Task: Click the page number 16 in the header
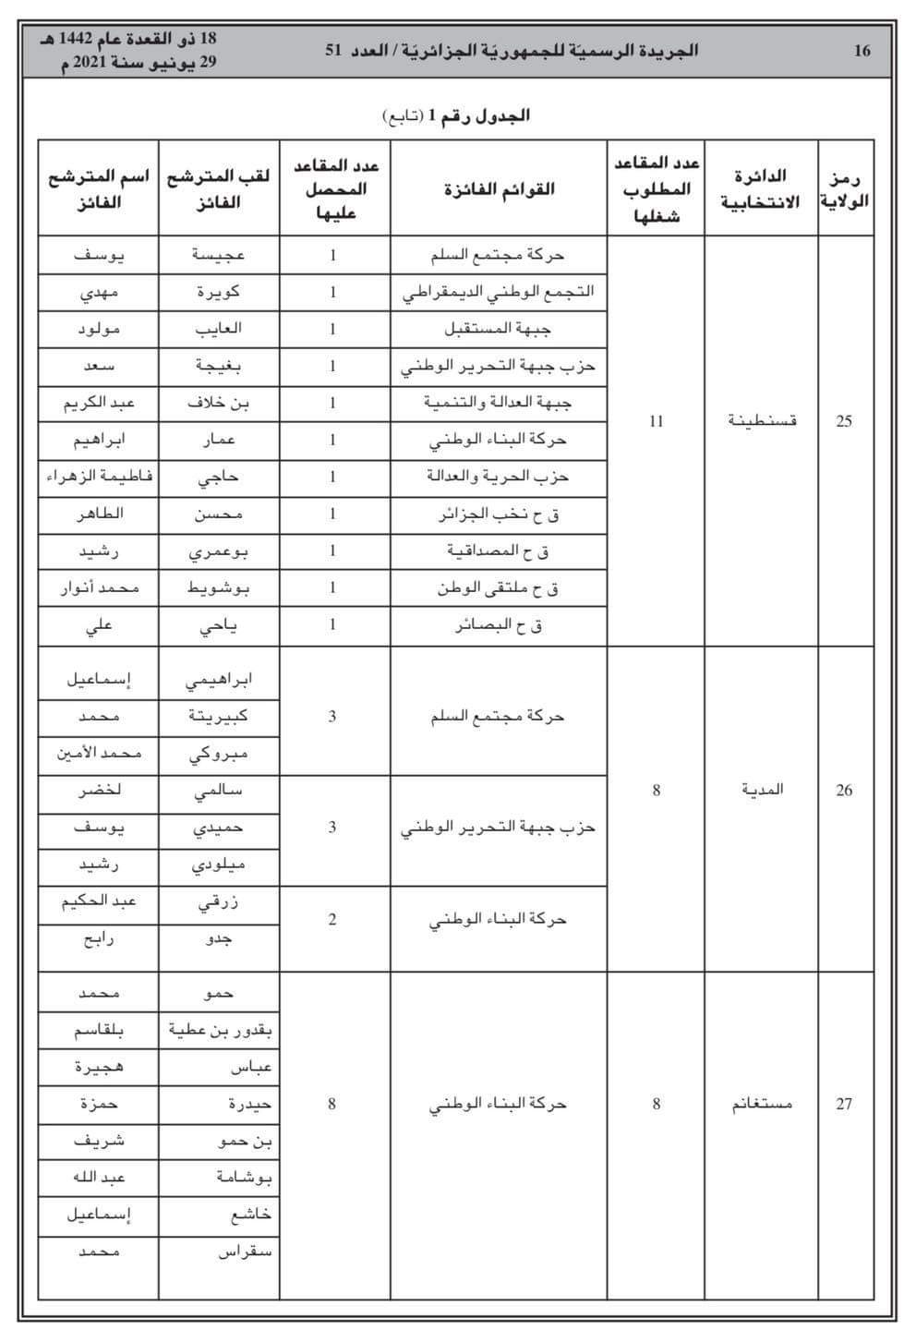click(x=862, y=51)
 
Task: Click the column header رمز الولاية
click(x=845, y=189)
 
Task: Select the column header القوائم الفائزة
click(x=499, y=189)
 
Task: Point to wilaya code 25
click(x=844, y=421)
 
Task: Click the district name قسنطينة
click(x=761, y=421)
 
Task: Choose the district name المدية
click(x=761, y=790)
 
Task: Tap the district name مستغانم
click(x=760, y=1104)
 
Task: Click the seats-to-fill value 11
click(x=656, y=421)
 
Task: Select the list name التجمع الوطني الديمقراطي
click(x=499, y=292)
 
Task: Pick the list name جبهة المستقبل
click(x=499, y=329)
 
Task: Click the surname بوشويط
click(x=219, y=587)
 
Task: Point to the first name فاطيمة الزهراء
click(x=99, y=477)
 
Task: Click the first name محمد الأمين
click(x=99, y=754)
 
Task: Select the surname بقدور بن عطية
click(x=221, y=1030)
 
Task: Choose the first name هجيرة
click(x=99, y=1067)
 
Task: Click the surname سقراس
click(x=245, y=1252)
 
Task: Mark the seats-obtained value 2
click(x=332, y=919)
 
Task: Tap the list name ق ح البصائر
click(x=499, y=625)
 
